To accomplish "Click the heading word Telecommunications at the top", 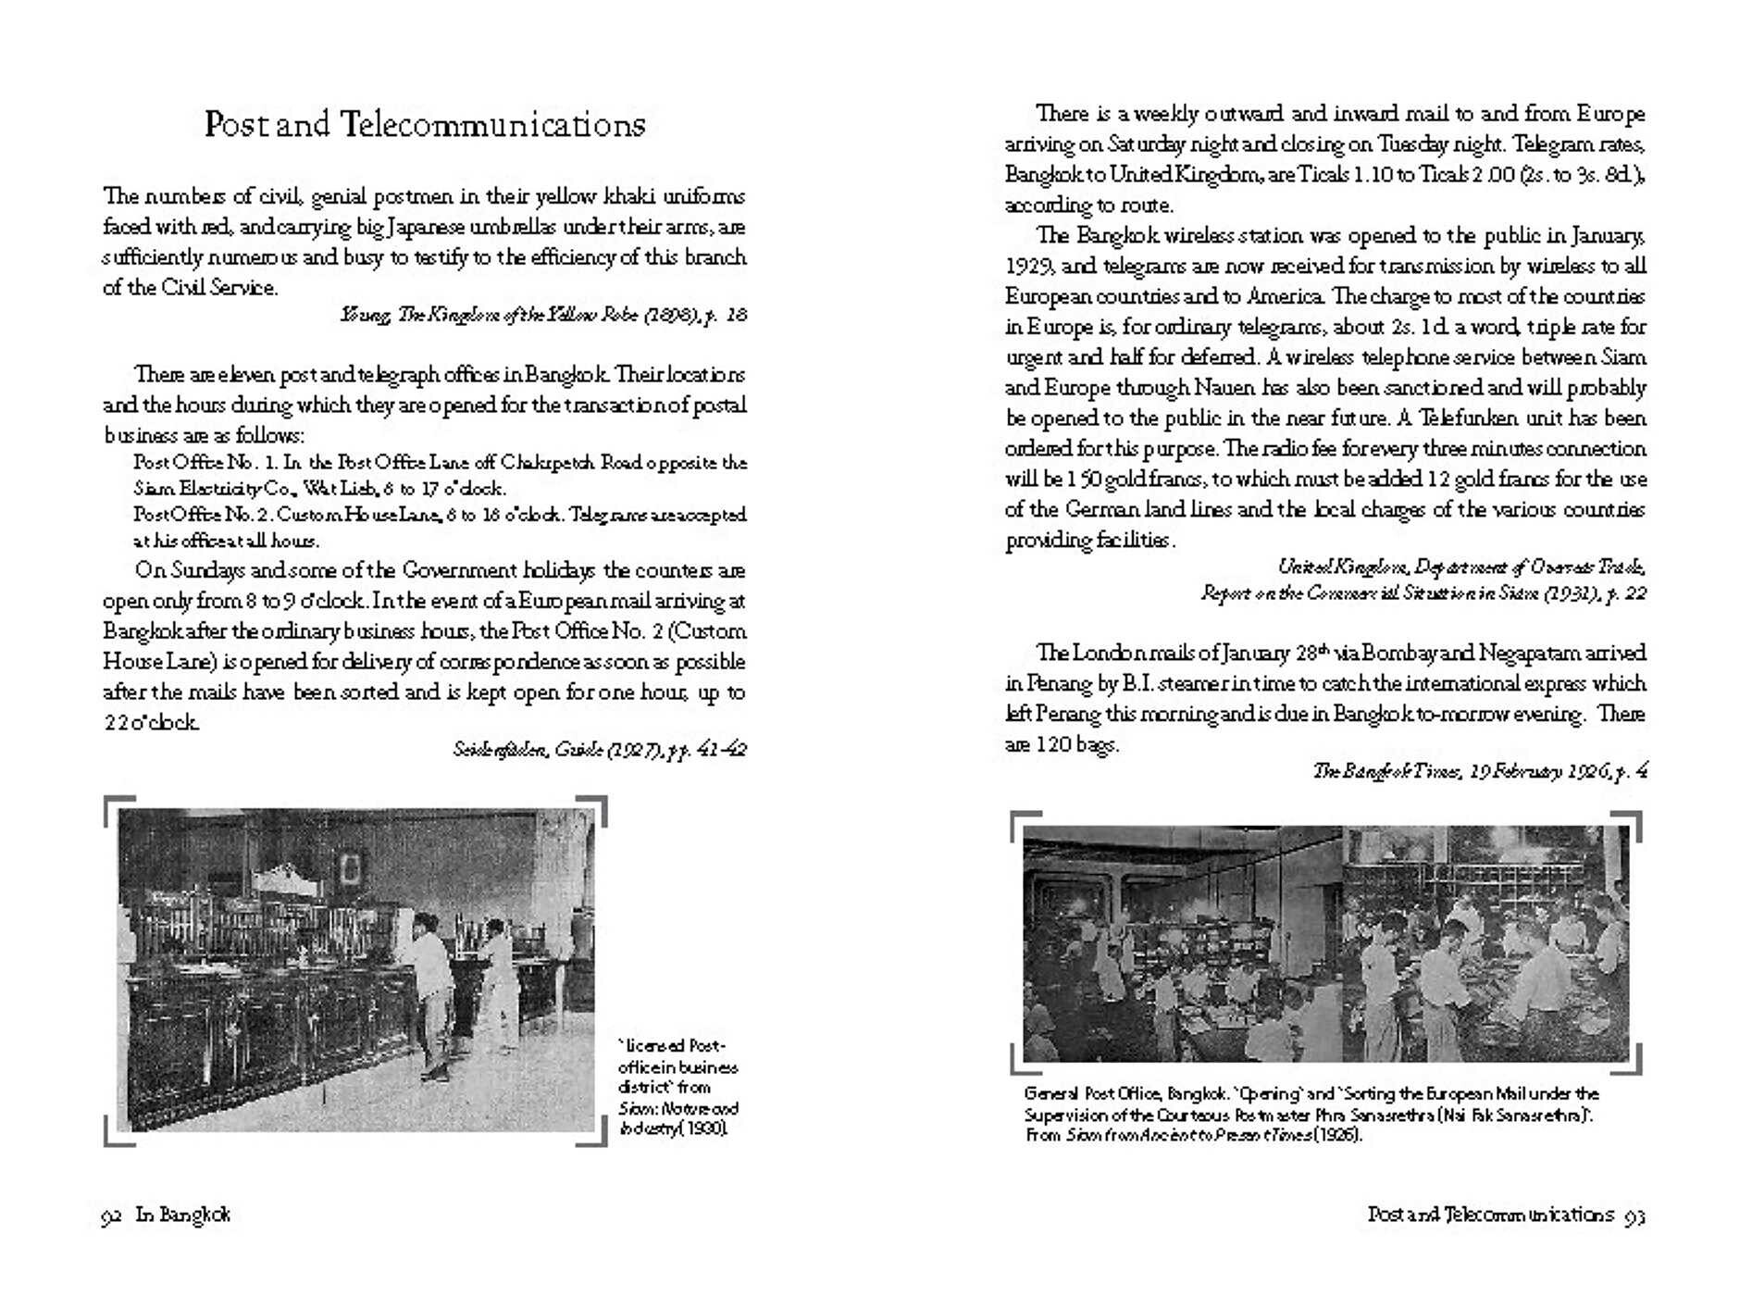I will tap(492, 125).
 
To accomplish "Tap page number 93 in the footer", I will tap(1635, 1216).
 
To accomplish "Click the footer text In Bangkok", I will tap(182, 1215).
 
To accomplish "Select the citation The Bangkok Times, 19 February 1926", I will tap(1479, 771).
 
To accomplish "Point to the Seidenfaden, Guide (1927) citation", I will tap(600, 749).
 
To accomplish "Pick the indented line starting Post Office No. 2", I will tap(440, 515).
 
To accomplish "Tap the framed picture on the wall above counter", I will tap(350, 868).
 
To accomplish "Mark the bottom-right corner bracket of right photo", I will tap(1633, 1062).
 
